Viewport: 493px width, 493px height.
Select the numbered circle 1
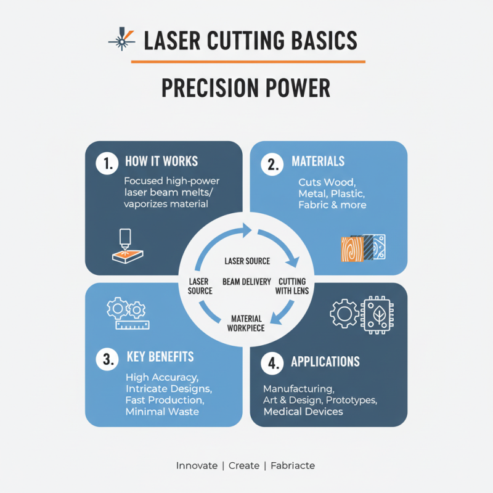tap(107, 163)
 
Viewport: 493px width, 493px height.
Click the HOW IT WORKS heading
tap(161, 161)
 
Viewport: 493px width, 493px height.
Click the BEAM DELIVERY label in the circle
tap(246, 282)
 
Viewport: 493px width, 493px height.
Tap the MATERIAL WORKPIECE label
tap(246, 323)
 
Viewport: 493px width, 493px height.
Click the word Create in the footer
tap(244, 465)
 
